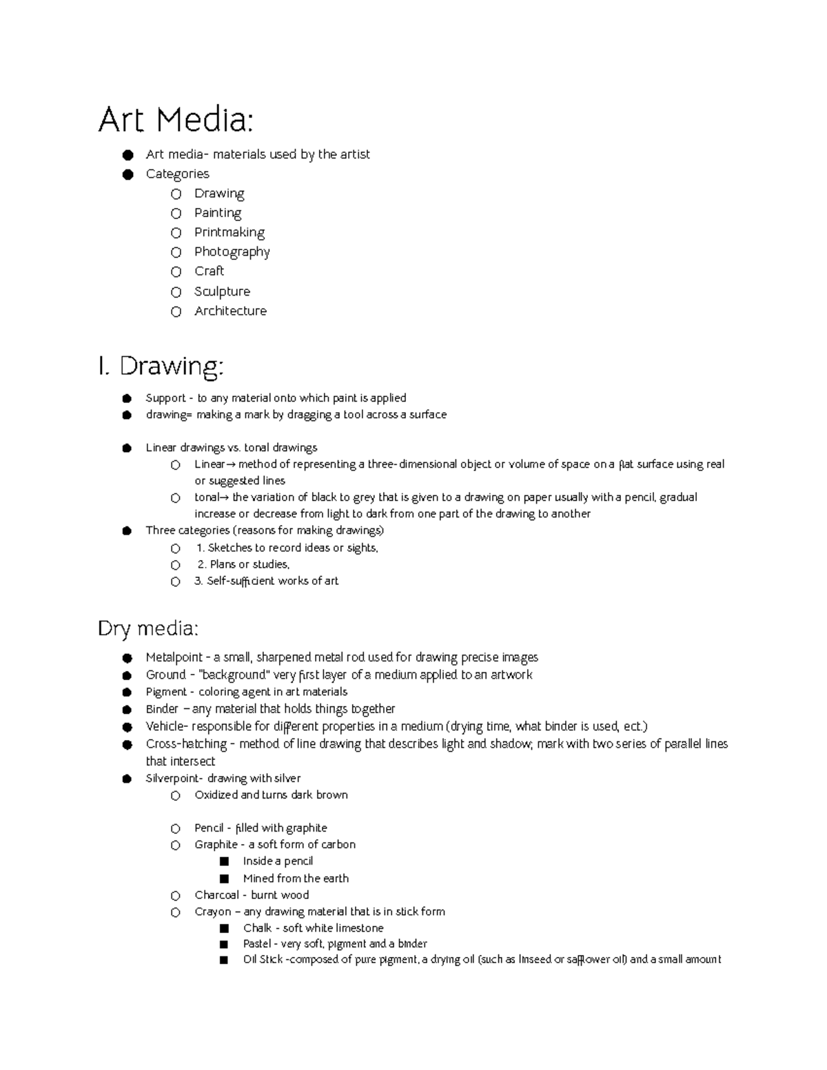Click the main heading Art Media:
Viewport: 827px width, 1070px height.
tap(176, 121)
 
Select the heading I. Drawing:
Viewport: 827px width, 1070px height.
tap(161, 366)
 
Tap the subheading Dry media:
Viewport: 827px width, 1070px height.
tap(148, 628)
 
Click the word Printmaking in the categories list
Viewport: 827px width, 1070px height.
tap(229, 233)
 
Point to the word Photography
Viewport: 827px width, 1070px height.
tap(232, 252)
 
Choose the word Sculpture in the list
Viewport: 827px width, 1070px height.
tap(222, 291)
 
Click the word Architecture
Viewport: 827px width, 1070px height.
tap(230, 311)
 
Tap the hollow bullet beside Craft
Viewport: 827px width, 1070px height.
tap(176, 272)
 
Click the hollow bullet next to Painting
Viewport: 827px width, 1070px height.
tap(176, 214)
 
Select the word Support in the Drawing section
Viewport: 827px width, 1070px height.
tap(165, 398)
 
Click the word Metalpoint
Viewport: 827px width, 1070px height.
tap(174, 657)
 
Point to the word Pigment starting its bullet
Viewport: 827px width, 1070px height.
tap(166, 692)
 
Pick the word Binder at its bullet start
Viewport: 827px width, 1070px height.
tap(162, 709)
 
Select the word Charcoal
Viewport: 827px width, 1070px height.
tap(216, 895)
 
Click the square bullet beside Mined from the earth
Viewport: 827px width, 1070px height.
tap(223, 878)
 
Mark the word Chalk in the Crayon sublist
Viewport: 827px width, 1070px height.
tap(257, 928)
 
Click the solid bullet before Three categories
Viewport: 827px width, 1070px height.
tap(127, 531)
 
